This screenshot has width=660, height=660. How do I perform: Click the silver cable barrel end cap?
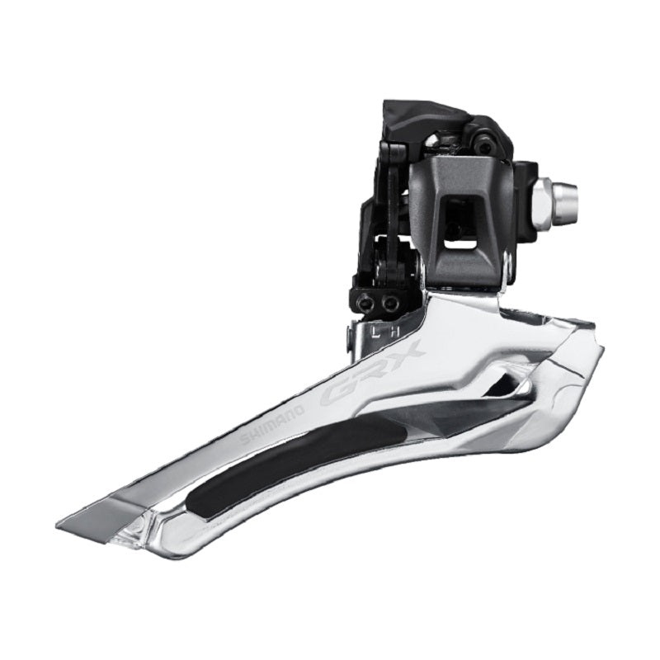pos(564,195)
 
